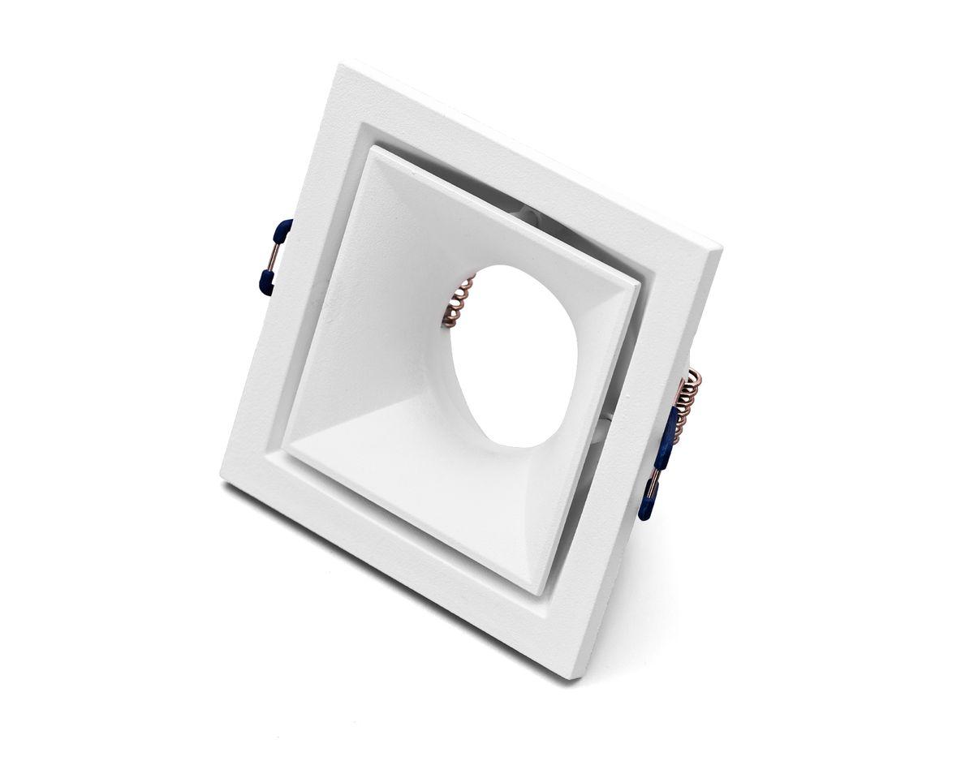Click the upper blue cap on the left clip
[283, 231]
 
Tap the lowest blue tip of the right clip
[647, 505]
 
